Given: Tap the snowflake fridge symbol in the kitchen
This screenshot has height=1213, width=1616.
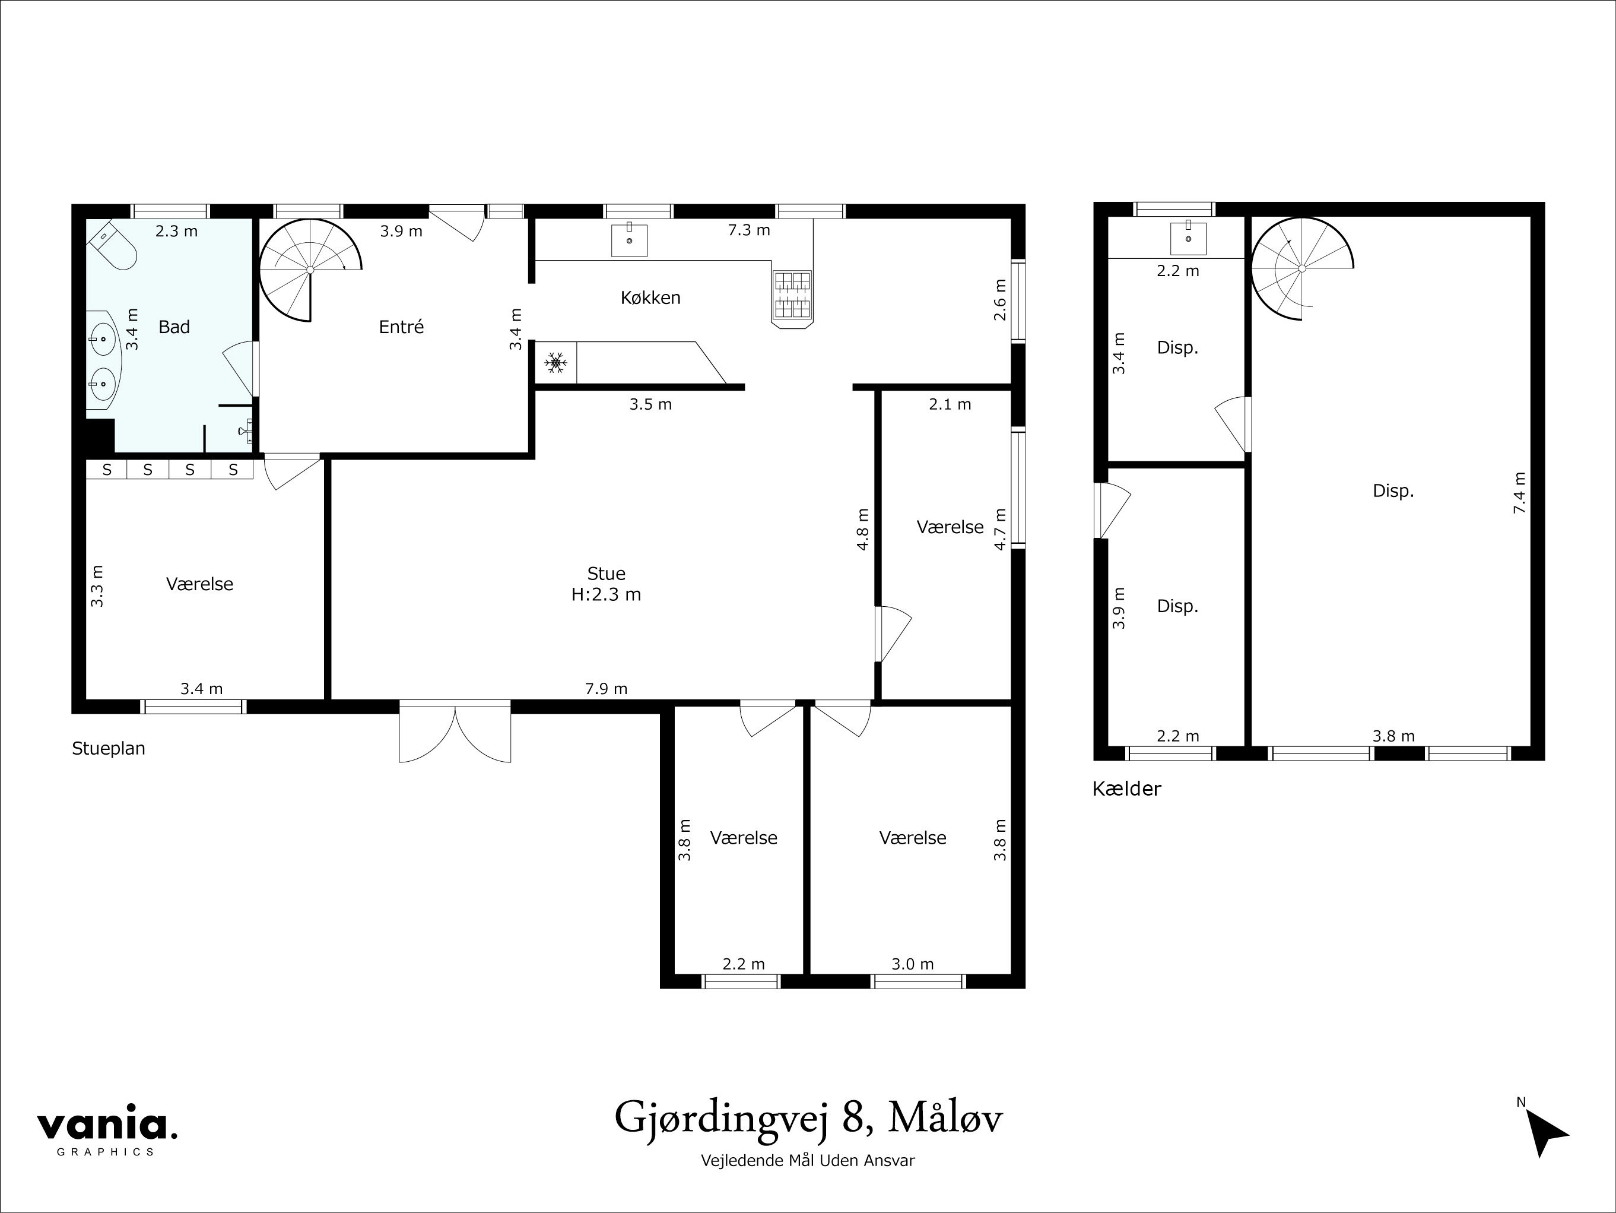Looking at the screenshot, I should [556, 362].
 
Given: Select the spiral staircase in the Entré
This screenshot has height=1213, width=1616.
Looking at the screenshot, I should [310, 270].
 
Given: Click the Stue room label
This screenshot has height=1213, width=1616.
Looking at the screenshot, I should [606, 574].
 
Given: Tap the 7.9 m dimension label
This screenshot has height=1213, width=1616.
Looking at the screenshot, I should [606, 688].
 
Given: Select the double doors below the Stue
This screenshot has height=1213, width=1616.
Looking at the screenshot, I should [455, 732].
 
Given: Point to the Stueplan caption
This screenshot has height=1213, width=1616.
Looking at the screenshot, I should [108, 748].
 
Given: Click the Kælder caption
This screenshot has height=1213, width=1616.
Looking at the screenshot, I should [1126, 788].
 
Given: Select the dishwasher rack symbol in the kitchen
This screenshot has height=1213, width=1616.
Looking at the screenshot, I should [792, 295].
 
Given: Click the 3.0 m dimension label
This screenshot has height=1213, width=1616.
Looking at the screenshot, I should [913, 964].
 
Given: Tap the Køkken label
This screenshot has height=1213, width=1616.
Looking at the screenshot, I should [650, 297].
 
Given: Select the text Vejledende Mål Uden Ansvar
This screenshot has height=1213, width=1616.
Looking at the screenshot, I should [807, 1160].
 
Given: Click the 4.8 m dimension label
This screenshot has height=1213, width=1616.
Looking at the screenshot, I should [863, 529].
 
